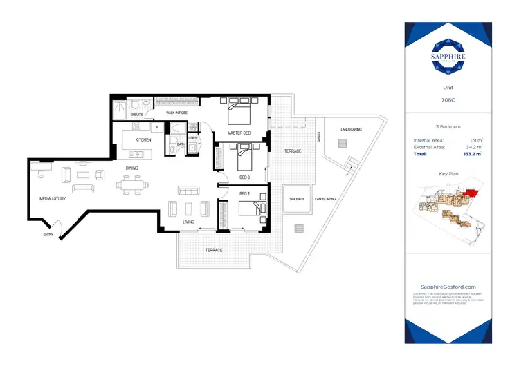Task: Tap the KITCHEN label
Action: (x=143, y=139)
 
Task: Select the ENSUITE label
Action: (x=136, y=114)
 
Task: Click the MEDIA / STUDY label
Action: (x=52, y=200)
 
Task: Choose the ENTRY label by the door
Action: (x=48, y=235)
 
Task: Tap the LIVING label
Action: (x=188, y=222)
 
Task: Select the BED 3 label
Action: (x=244, y=177)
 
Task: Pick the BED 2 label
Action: (x=244, y=194)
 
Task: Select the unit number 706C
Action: (x=448, y=99)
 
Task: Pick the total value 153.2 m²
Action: (x=472, y=155)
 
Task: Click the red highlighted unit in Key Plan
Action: (x=472, y=195)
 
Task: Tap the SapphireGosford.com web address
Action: (x=448, y=287)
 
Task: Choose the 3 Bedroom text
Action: (x=448, y=127)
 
